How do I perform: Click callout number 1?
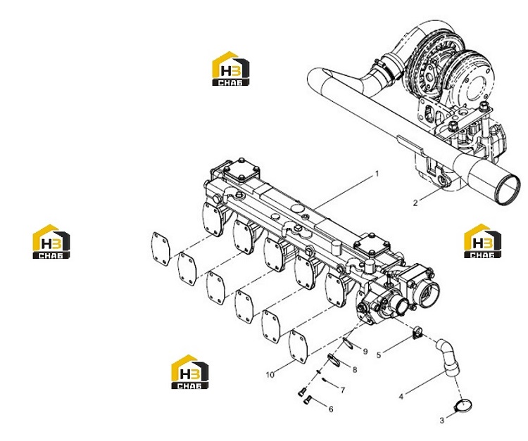point(377,174)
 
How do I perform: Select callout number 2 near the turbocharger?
point(415,203)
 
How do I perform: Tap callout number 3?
point(442,420)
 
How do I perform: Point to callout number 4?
point(401,397)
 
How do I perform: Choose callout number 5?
point(379,355)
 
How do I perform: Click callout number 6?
point(331,409)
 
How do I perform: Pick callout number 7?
point(342,390)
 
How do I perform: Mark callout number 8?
point(354,370)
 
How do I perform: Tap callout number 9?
point(365,352)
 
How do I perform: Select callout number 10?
point(270,375)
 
